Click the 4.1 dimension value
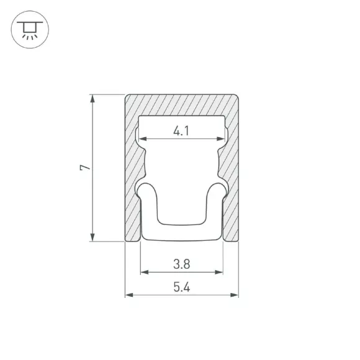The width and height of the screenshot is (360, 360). click(x=181, y=131)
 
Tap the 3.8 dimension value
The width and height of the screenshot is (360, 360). click(x=182, y=264)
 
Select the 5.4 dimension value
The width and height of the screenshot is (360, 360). click(x=182, y=287)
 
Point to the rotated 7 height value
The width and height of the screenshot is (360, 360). click(x=85, y=168)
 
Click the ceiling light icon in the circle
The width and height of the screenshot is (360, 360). click(x=30, y=30)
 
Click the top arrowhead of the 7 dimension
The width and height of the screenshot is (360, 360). click(x=92, y=99)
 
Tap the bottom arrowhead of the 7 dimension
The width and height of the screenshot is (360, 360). click(x=92, y=237)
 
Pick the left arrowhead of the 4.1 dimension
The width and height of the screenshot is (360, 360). click(x=143, y=138)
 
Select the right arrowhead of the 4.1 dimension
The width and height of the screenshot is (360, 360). click(x=220, y=138)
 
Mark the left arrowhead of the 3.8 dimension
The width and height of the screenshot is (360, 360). click(x=145, y=272)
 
